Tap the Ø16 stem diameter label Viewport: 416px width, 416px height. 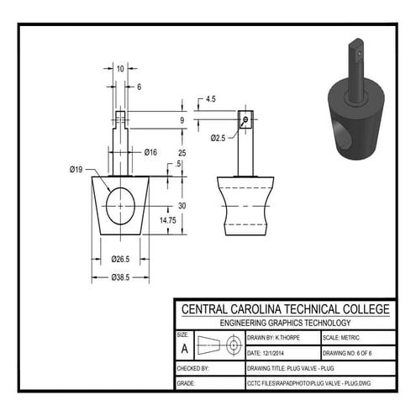(x=151, y=152)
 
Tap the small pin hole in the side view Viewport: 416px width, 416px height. (x=244, y=119)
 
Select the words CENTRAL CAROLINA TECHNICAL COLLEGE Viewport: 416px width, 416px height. (x=285, y=308)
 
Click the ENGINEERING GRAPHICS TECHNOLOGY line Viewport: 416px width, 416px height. (x=285, y=323)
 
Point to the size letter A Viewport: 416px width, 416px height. (x=185, y=347)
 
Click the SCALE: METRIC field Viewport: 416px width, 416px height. (x=345, y=337)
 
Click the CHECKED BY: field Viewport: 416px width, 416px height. (x=195, y=369)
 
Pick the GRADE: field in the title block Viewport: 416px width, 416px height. (x=187, y=384)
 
